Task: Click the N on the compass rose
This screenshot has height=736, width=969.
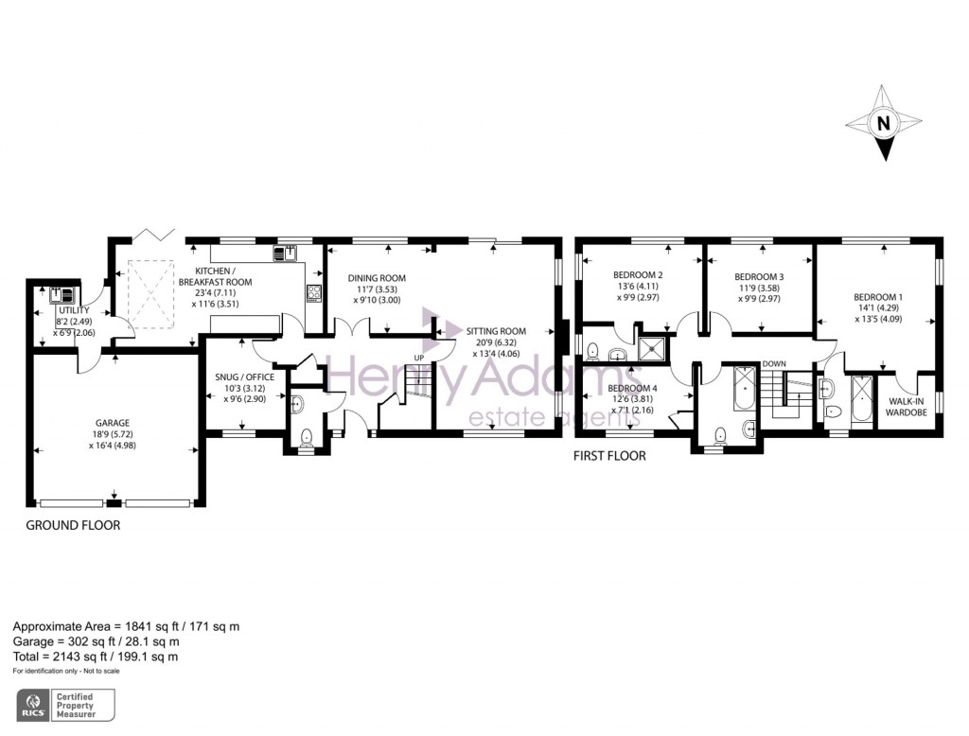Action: click(883, 122)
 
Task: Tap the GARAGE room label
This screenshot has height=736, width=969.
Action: click(111, 423)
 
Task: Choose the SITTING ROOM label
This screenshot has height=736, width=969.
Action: click(496, 332)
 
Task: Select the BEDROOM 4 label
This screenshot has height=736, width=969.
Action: click(632, 388)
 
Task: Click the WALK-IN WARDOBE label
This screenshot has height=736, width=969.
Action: click(907, 406)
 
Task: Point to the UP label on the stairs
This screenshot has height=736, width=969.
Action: click(419, 358)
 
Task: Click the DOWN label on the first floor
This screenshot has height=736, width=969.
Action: click(773, 363)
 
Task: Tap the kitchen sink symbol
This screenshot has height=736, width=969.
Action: click(285, 253)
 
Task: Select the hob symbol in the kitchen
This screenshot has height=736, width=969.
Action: click(313, 293)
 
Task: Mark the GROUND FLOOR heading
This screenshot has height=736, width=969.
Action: click(73, 525)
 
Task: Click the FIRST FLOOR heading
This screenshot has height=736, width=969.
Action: click(610, 456)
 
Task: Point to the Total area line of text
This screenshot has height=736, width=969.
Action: click(95, 656)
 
